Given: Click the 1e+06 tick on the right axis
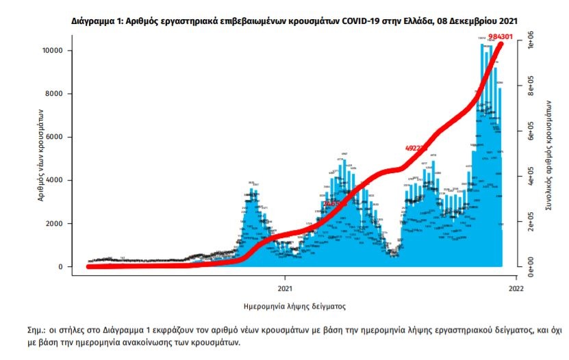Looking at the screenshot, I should pos(529,42).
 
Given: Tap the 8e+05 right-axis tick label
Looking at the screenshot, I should pos(529,86).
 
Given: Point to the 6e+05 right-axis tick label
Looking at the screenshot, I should pos(529,131).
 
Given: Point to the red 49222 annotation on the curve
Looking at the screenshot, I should pos(416,147).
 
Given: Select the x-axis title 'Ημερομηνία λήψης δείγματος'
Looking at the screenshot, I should pos(294,305).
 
